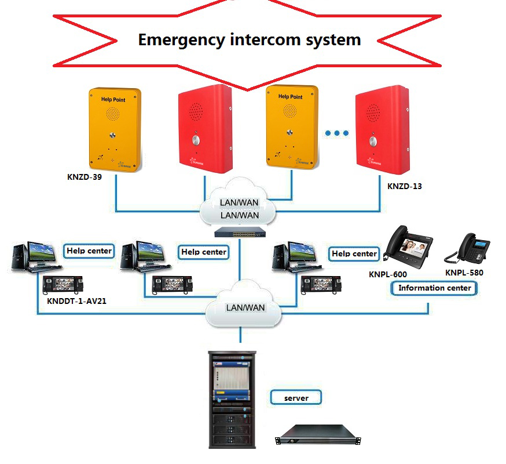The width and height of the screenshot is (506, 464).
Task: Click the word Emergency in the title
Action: click(179, 39)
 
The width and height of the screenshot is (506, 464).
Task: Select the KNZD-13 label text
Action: click(405, 187)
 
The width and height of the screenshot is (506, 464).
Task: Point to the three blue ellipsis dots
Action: click(336, 133)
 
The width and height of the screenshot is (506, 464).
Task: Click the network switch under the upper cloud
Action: click(238, 232)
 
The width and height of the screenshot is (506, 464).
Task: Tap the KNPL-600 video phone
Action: click(410, 246)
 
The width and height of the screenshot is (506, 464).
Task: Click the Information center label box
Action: click(434, 288)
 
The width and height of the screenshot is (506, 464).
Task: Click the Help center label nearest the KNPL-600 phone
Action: click(354, 253)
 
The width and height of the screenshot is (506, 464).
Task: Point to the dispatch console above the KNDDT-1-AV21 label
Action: click(64, 284)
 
